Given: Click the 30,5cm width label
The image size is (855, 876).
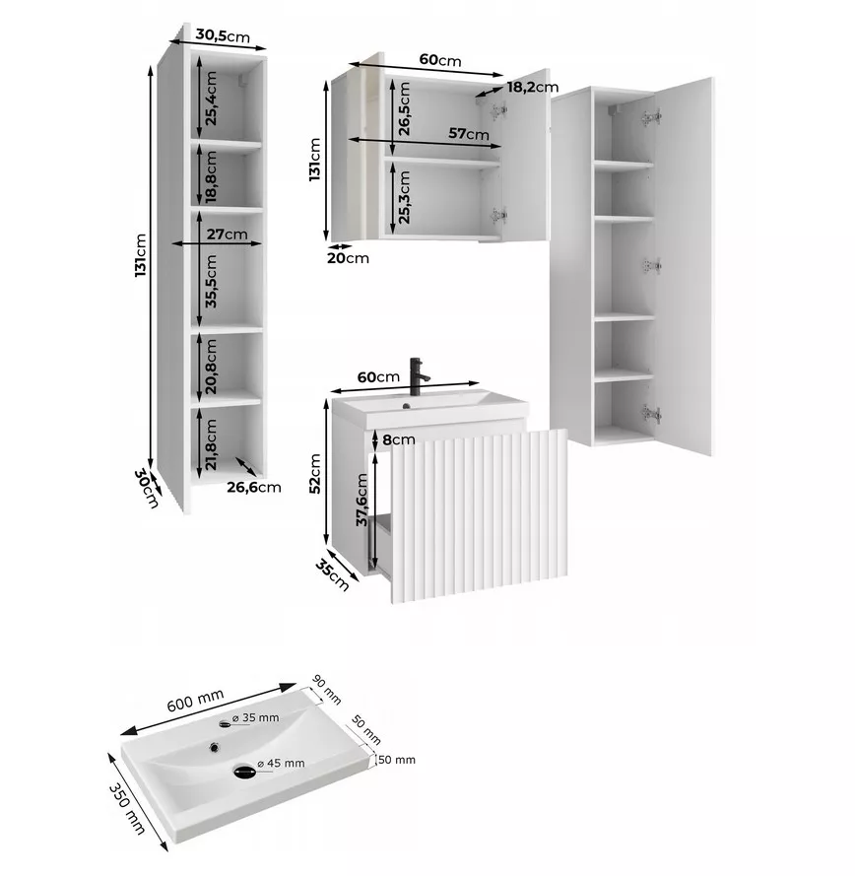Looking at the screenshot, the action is coord(223,35).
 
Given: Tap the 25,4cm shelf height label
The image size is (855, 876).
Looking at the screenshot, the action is coord(211,99).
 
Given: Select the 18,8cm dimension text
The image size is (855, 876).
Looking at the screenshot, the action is coord(211,177).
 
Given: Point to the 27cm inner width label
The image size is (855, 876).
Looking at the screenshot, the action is coord(227,234).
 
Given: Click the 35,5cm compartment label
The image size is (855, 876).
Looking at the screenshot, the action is coord(211,281).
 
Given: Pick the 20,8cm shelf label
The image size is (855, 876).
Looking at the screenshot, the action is coord(211,367).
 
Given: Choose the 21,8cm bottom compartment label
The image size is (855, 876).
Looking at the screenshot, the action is coord(211,445).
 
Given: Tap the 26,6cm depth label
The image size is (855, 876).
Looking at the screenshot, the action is coord(253,487).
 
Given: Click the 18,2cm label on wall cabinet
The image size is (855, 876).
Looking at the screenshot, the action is coord(533,87).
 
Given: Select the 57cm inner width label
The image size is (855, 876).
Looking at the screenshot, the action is coord(469,134).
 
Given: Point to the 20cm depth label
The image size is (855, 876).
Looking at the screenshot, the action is coord(348,258).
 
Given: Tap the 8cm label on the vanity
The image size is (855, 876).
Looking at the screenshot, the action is coord(399,439).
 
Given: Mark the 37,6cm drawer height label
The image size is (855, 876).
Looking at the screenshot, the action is coord(362,500).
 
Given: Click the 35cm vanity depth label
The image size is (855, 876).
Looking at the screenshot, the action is coord(332,574).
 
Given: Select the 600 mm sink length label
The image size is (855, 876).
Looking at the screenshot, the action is coord(195,700).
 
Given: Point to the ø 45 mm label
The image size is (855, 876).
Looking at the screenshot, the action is coord(281,763).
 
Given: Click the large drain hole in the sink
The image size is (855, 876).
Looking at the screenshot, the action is coord(244,772).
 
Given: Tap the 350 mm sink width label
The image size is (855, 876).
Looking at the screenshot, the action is coord(127,808).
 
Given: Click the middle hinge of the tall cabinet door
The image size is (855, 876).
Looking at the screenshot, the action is coord(651,266).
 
